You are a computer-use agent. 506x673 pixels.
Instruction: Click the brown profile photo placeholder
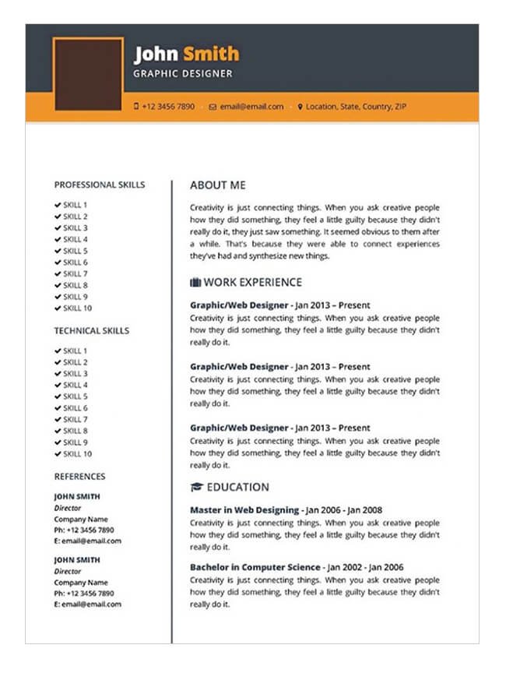[88, 74]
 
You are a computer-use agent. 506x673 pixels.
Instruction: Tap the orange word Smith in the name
[211, 54]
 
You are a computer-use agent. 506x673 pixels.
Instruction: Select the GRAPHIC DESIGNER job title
[183, 74]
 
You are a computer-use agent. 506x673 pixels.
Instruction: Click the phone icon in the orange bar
[136, 106]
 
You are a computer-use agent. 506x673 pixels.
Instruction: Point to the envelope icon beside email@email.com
[213, 107]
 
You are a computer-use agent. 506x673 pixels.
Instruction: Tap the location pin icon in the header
[300, 107]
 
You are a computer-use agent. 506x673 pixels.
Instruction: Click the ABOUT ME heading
[218, 185]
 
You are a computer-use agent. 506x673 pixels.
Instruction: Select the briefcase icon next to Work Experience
[195, 282]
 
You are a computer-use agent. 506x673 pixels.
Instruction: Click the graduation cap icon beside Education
[196, 488]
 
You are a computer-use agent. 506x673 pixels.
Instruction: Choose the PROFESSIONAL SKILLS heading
[100, 185]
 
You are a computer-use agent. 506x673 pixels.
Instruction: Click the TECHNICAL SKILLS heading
[92, 331]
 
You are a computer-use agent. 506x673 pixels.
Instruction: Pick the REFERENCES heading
[79, 477]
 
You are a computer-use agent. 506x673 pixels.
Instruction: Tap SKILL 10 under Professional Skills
[78, 308]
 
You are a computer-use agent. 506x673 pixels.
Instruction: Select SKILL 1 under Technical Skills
[76, 351]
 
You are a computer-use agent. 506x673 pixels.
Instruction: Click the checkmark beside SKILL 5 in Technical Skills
[58, 396]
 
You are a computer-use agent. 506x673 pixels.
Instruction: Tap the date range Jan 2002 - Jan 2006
[364, 567]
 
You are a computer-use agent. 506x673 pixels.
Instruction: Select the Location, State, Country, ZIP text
[356, 107]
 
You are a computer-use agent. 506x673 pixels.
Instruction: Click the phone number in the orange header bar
[168, 107]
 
